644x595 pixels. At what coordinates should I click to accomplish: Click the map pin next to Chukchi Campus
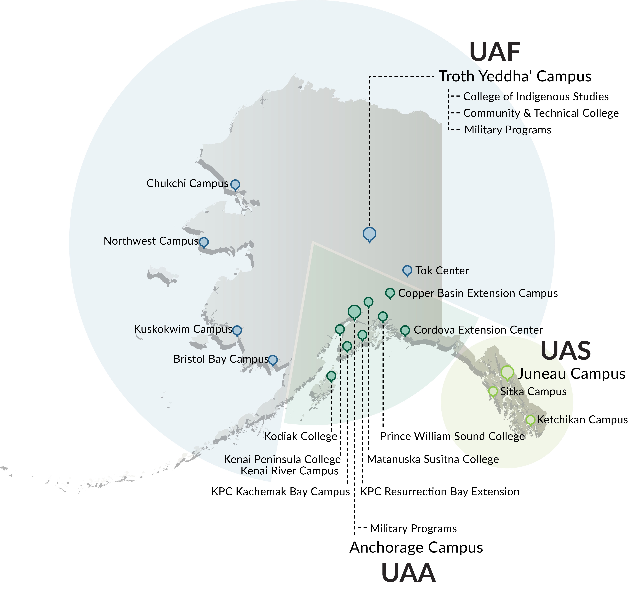pos(235,185)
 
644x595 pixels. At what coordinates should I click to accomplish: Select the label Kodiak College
pos(300,437)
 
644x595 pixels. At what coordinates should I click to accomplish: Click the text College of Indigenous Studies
pos(536,97)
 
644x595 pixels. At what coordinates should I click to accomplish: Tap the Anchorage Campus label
pos(416,547)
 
